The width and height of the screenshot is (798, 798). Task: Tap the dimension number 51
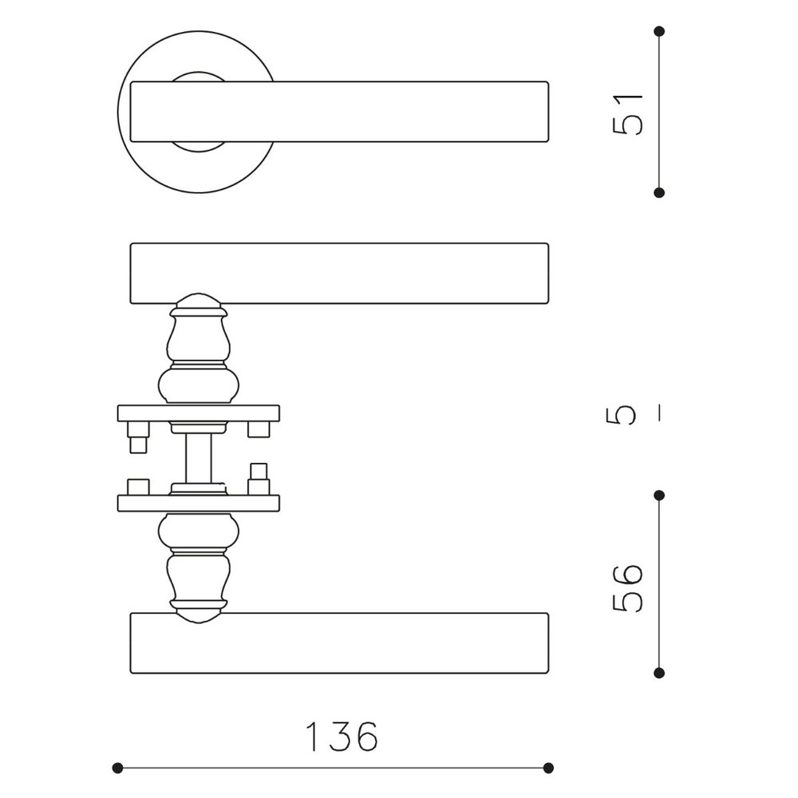[x=627, y=114]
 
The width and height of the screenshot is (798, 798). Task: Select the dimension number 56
[x=627, y=588]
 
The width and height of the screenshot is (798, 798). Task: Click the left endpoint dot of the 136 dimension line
[x=117, y=768]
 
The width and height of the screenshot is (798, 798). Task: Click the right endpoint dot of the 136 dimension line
[x=548, y=768]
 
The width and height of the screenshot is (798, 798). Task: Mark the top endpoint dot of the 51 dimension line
[x=659, y=32]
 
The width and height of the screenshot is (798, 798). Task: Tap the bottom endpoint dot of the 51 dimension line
[x=659, y=192]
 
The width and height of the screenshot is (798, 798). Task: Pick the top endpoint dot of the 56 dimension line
[x=659, y=496]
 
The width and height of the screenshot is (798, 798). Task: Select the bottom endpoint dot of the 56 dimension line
[x=659, y=674]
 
